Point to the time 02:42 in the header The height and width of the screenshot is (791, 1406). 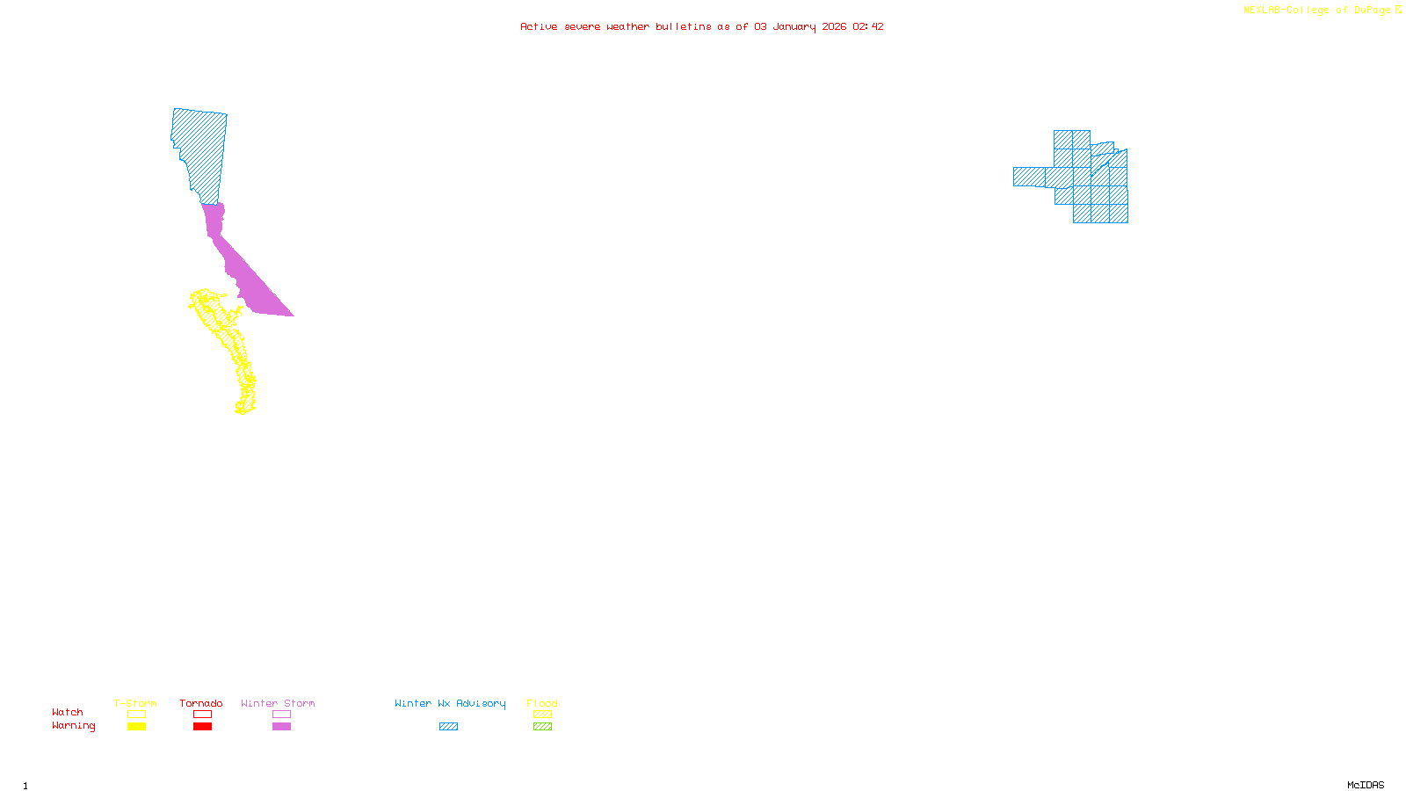tap(868, 27)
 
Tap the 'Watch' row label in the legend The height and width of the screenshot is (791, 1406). tap(68, 713)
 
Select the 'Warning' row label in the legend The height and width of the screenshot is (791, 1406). tap(74, 726)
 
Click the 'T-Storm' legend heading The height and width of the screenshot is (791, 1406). tap(135, 703)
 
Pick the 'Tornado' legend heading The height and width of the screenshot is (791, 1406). tap(201, 703)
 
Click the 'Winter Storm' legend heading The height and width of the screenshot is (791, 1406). tap(278, 703)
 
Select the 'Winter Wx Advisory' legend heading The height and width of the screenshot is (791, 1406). tap(450, 703)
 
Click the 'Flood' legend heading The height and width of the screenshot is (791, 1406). tap(542, 703)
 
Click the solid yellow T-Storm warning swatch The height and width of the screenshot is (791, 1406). tap(136, 727)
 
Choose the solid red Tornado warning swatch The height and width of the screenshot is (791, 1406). tap(203, 727)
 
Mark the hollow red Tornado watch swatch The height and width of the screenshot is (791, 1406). tap(203, 715)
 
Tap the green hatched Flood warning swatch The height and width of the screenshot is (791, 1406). tap(543, 727)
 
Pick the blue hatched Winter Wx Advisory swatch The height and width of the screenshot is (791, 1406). tap(449, 727)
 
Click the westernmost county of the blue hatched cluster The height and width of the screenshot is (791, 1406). tap(1029, 177)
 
